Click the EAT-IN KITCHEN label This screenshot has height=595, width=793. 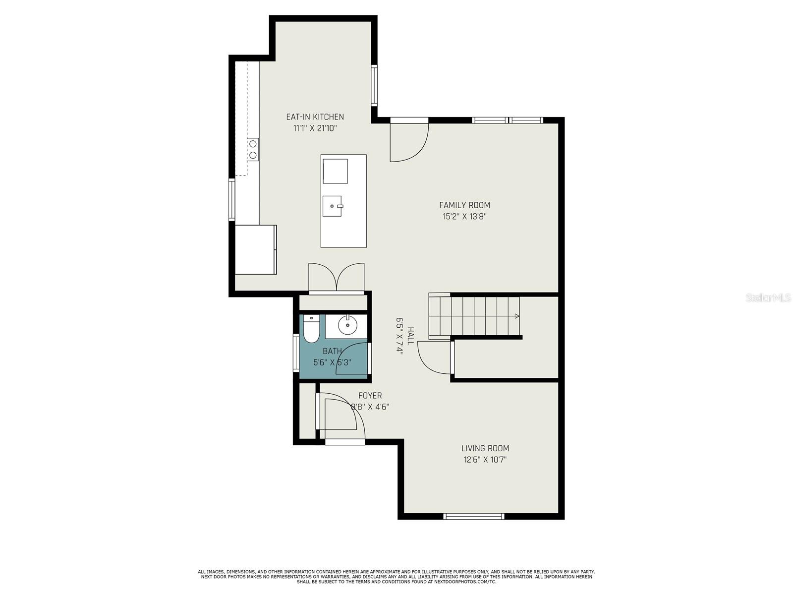coord(315,117)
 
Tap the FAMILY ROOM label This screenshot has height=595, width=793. coord(464,205)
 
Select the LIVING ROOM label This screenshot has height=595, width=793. coord(485,448)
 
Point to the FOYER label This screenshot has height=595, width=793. coord(370,396)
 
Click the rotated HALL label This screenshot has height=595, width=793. coord(410,336)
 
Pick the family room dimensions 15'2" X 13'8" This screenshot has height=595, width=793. coord(464,217)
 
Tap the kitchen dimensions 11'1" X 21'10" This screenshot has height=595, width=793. coord(315,128)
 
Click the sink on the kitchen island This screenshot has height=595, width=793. coord(332,206)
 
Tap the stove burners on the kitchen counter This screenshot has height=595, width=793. coord(253,150)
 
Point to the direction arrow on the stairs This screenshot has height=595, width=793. coord(516,316)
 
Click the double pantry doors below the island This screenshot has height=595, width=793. coord(337,278)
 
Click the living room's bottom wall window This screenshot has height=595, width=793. coord(474,516)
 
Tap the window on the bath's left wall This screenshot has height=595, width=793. coord(296,353)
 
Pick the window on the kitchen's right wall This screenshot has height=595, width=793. coord(374,85)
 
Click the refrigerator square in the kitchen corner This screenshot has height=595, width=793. coord(256,249)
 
